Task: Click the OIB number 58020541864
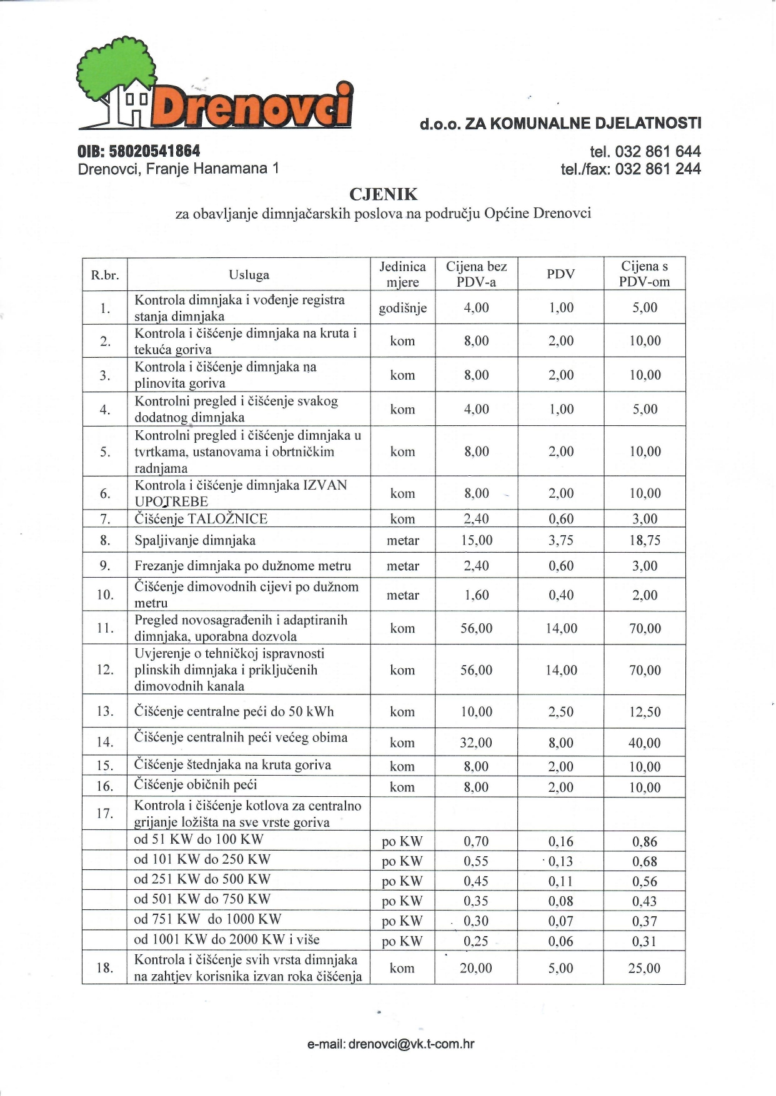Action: [x=139, y=151]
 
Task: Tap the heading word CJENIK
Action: [x=383, y=194]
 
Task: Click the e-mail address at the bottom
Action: [x=390, y=1044]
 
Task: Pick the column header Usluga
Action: [x=249, y=275]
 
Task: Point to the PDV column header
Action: [x=560, y=274]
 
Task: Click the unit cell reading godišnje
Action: [x=402, y=308]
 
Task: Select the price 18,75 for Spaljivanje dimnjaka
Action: [x=645, y=540]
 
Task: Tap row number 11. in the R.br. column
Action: [x=105, y=628]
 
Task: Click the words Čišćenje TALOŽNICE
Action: [x=201, y=519]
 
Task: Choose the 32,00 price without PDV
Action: [x=476, y=743]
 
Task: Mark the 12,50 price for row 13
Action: [x=645, y=712]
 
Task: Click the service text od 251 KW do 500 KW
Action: [x=202, y=879]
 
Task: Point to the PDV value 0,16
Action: [x=560, y=841]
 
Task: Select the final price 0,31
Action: [x=644, y=941]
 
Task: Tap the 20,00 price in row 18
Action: [x=476, y=968]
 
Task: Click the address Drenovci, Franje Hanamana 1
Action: [x=178, y=169]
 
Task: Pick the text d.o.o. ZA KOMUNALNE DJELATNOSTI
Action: [x=560, y=123]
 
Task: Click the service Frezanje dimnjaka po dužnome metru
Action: [x=242, y=566]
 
